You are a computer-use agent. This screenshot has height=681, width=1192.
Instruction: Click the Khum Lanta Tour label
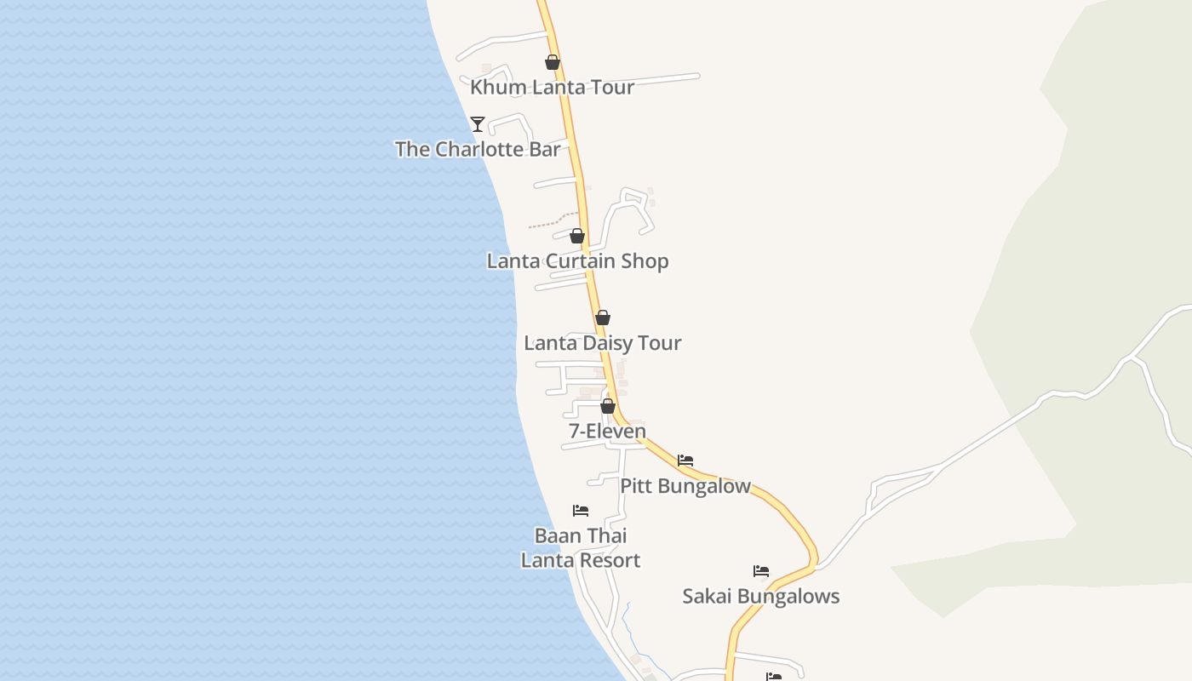tap(552, 87)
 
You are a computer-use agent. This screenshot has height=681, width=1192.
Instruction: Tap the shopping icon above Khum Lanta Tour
tap(553, 62)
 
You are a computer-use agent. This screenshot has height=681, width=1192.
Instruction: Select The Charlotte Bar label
tap(478, 149)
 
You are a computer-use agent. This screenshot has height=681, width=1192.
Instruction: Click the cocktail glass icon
tap(478, 124)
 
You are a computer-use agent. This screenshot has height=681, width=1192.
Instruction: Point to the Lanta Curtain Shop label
tap(577, 260)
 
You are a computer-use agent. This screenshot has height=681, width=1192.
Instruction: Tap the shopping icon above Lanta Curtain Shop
tap(577, 236)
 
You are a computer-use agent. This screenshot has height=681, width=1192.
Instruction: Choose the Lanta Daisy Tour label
tap(602, 342)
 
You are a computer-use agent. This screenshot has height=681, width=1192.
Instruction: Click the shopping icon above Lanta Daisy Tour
tap(603, 318)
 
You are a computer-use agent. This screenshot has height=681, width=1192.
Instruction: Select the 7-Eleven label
tap(607, 431)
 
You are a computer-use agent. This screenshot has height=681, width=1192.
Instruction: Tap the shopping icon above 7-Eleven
tap(608, 406)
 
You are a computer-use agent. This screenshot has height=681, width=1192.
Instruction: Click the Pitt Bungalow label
tap(685, 485)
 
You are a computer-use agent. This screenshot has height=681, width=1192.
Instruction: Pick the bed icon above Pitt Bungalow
tap(685, 461)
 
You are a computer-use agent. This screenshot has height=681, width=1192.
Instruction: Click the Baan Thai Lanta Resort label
tap(581, 547)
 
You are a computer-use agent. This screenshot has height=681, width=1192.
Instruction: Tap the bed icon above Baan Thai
tap(581, 511)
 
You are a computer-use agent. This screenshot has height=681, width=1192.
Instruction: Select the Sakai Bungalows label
tap(760, 596)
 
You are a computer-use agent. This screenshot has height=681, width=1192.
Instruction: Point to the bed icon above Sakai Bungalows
tap(761, 571)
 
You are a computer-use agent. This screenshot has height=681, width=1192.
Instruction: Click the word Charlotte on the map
tap(479, 149)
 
